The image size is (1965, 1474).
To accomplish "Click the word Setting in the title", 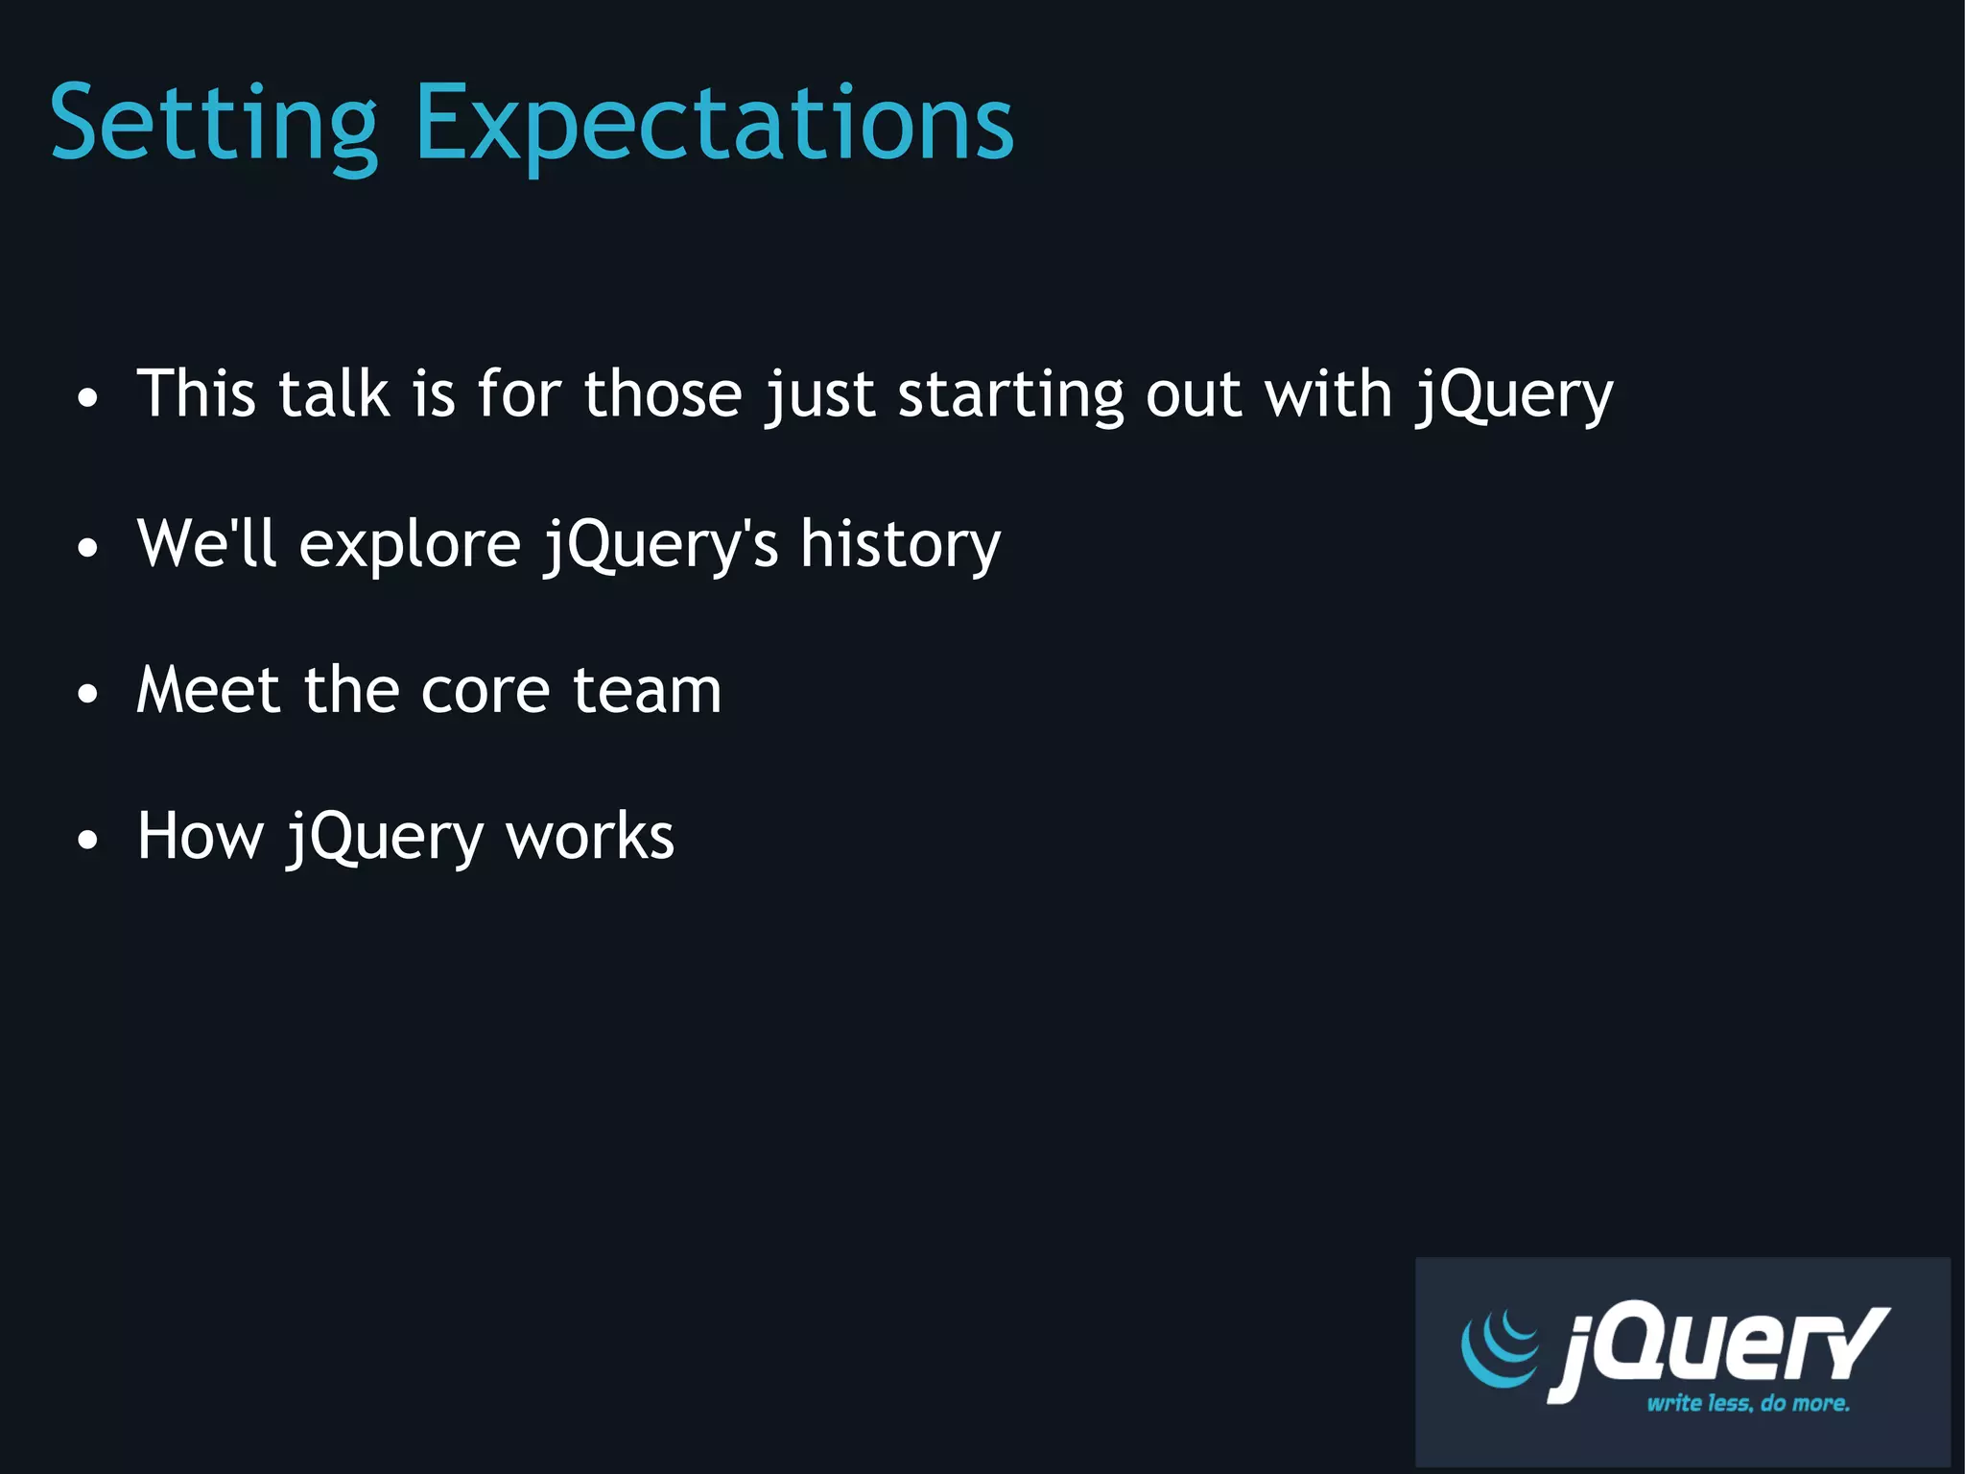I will tap(214, 125).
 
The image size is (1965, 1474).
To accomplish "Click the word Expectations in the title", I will tap(714, 125).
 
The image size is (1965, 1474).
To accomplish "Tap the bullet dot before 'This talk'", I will tap(87, 398).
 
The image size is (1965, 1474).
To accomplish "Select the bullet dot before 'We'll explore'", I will tap(87, 548).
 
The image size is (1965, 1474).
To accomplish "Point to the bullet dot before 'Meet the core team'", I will tap(87, 694).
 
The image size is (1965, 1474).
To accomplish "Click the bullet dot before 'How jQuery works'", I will tap(87, 840).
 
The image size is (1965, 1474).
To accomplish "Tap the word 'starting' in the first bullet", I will tap(1009, 395).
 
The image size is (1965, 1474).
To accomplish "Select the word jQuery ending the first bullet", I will tap(1514, 395).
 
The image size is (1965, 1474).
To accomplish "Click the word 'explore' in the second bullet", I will tap(410, 545).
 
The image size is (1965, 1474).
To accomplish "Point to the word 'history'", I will tap(900, 545).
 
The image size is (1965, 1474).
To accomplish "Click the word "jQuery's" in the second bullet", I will tap(661, 545).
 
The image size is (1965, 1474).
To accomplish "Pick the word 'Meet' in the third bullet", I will tap(208, 690).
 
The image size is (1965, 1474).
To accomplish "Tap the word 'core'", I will tap(485, 692).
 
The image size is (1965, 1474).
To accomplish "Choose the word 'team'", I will tap(647, 691).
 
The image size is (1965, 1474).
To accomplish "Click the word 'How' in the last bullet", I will tap(200, 836).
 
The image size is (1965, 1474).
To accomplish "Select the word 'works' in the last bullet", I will tap(590, 837).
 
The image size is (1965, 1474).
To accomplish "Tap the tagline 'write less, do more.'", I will tap(1748, 1403).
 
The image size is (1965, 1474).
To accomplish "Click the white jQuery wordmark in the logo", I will tap(1717, 1347).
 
